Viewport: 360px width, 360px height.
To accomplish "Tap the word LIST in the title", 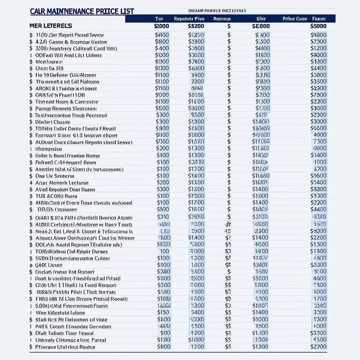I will [x=126, y=11].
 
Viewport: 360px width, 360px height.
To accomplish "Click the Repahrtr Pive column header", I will [x=189, y=19].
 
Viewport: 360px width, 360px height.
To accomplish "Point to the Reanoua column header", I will [x=222, y=19].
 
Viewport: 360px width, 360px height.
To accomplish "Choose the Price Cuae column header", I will [x=295, y=19].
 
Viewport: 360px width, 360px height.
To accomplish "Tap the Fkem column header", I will [x=319, y=19].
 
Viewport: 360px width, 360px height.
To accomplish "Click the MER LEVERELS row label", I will [x=51, y=26].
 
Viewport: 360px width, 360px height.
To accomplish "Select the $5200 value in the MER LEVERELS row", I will [x=196, y=26].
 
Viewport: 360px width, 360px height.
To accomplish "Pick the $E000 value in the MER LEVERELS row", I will [x=261, y=26].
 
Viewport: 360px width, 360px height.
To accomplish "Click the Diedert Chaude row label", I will [x=53, y=122].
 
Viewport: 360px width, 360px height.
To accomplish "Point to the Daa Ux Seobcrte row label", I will [x=54, y=176].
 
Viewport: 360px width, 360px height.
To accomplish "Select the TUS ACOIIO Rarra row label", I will [x=56, y=196].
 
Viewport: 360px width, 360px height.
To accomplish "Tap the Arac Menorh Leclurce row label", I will [x=62, y=183].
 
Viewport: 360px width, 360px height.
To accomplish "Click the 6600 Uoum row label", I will [x=49, y=265].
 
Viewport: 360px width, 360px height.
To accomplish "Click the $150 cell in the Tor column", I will [x=163, y=313].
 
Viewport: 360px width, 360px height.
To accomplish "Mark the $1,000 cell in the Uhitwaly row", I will [x=196, y=340].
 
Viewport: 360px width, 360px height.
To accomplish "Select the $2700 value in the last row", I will [x=319, y=347].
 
